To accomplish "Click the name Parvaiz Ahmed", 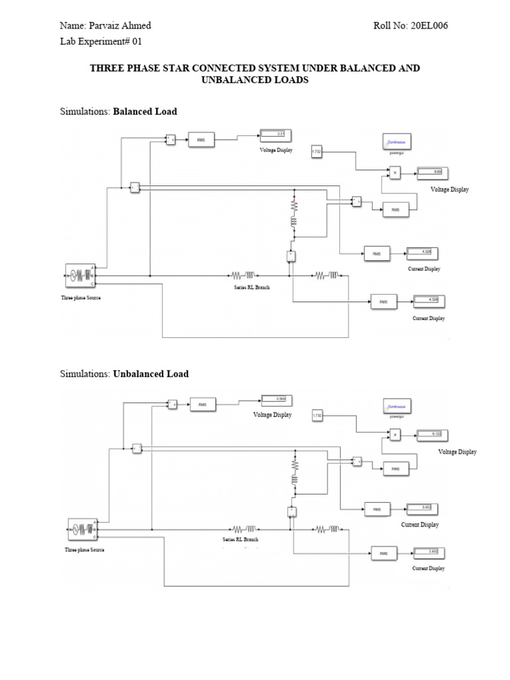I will click(120, 26).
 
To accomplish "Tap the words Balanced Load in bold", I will click(145, 112).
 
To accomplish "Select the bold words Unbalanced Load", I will click(151, 374).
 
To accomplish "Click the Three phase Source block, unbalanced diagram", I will click(82, 529).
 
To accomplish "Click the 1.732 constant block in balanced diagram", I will click(317, 153).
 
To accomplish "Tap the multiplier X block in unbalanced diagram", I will click(396, 436).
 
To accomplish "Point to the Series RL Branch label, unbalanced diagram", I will click(240, 540).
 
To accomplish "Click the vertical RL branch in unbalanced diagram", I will click(293, 471).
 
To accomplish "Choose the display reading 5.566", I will click(272, 399).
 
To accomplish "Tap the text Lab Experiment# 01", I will click(101, 41).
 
